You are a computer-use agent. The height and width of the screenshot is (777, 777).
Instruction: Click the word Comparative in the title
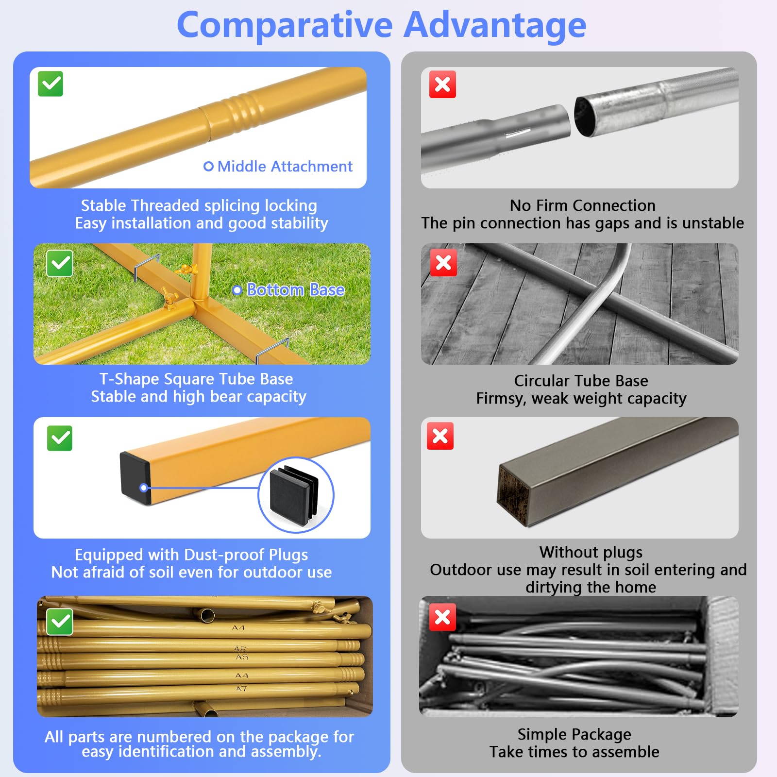tap(285, 26)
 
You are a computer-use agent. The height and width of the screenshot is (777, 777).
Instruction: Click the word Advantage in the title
tap(495, 26)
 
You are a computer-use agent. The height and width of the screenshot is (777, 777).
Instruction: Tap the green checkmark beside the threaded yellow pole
tap(51, 84)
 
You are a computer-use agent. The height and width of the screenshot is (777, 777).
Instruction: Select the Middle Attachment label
tap(278, 167)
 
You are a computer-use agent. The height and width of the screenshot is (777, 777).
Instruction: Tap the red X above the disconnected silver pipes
tap(442, 84)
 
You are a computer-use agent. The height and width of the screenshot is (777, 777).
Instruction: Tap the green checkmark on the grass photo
tap(60, 264)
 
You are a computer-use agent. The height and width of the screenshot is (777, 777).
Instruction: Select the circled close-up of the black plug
tap(296, 495)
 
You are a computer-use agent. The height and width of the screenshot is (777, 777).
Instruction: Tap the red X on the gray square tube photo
tap(440, 436)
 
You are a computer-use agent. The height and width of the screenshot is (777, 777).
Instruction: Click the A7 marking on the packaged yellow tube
tap(241, 689)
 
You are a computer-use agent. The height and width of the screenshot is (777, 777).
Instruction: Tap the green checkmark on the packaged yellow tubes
tap(60, 622)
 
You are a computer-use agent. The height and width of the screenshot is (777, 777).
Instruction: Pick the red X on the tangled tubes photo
tap(442, 617)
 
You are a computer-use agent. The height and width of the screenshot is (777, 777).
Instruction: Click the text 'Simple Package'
tap(574, 734)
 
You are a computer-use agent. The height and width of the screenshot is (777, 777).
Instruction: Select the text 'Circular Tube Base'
tap(581, 381)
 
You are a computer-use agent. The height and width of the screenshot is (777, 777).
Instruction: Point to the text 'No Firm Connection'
tap(583, 205)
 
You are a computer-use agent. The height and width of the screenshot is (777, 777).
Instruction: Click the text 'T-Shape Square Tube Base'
tap(196, 379)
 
